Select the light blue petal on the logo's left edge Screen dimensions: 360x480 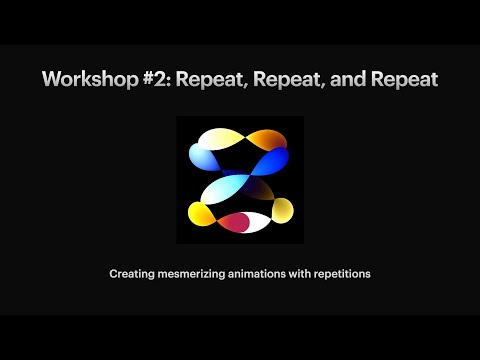[x=203, y=158]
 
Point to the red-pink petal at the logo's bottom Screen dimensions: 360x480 [x=235, y=221]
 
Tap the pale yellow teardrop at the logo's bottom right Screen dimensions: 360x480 [x=283, y=209]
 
